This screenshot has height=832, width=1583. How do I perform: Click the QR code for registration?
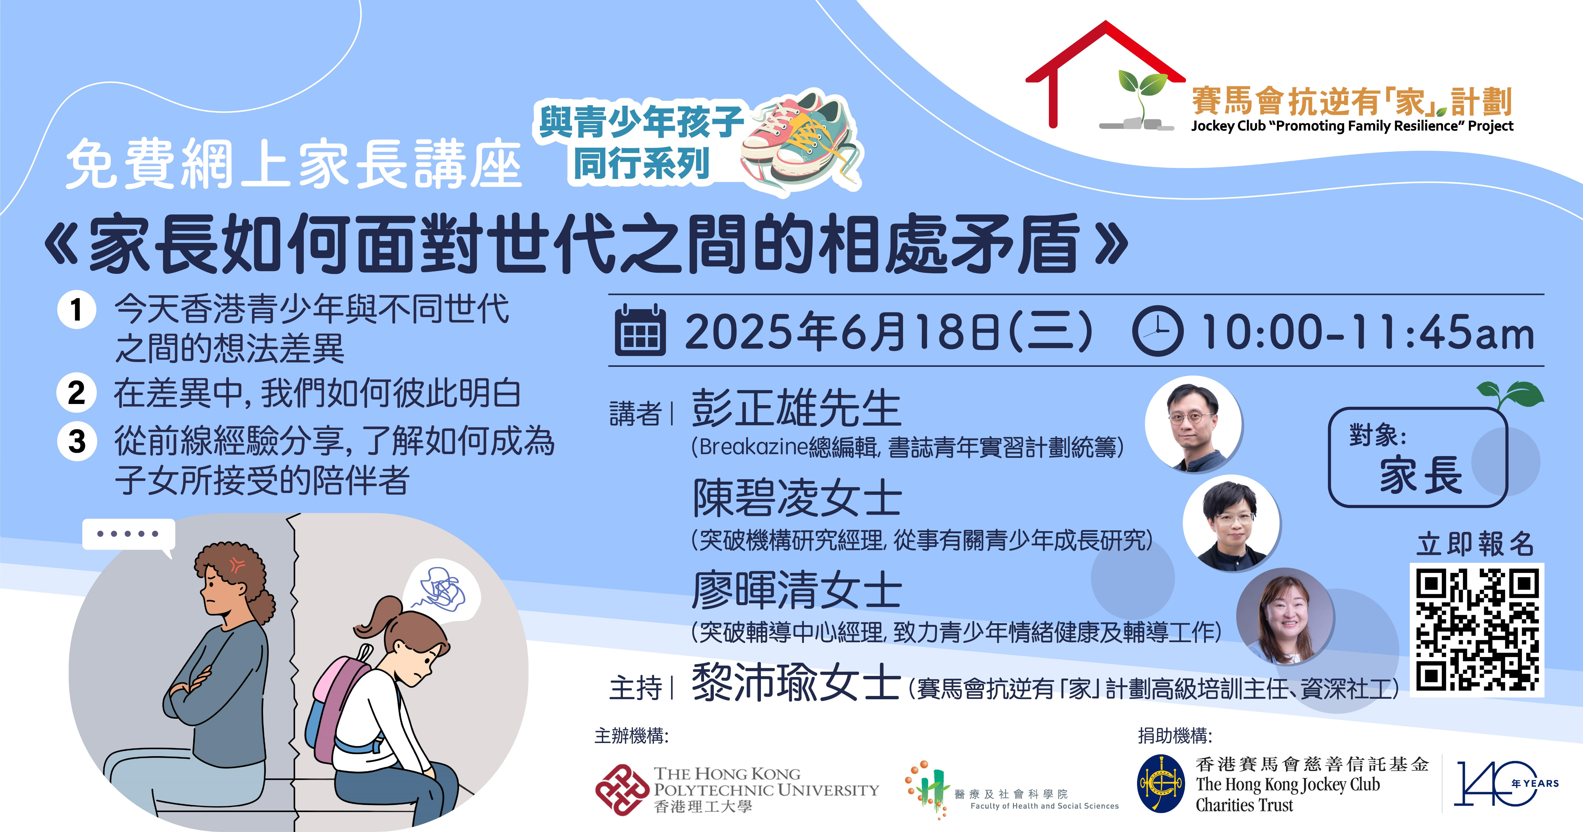[1477, 629]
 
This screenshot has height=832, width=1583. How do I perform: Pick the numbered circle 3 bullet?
[77, 441]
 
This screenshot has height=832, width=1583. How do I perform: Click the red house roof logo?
[1104, 74]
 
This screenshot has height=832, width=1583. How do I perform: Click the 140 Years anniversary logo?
[1506, 783]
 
